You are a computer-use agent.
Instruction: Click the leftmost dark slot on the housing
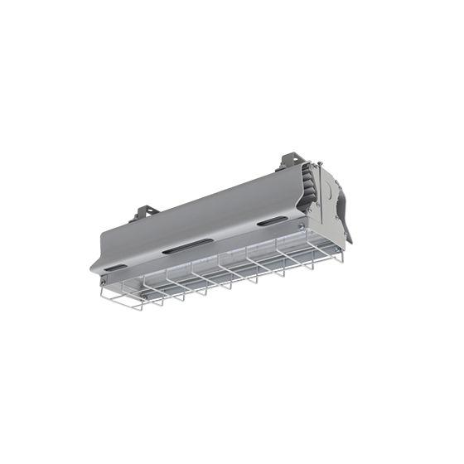click(x=117, y=268)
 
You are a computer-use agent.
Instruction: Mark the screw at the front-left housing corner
click(x=103, y=288)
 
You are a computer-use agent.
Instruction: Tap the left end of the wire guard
click(x=104, y=297)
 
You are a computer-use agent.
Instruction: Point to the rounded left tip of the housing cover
click(x=93, y=270)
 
